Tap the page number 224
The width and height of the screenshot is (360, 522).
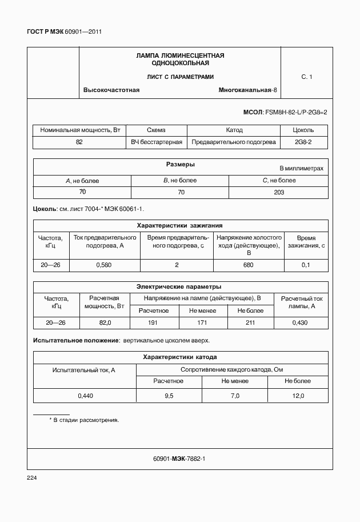tap(32, 477)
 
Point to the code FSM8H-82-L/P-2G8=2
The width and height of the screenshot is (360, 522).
tap(297, 112)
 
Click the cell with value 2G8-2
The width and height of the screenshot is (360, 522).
tap(303, 142)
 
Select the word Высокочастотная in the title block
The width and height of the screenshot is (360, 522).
tap(111, 90)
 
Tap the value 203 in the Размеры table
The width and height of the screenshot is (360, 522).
tap(279, 192)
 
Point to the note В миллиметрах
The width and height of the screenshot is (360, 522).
tap(301, 169)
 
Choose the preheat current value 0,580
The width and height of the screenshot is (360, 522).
tap(104, 265)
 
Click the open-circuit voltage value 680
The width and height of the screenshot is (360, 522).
tap(249, 265)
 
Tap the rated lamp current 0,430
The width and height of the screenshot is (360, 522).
tap(300, 323)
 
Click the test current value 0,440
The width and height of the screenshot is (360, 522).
tap(85, 396)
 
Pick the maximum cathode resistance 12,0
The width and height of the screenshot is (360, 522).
tap(298, 396)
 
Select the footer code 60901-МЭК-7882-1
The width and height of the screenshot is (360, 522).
tap(179, 459)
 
